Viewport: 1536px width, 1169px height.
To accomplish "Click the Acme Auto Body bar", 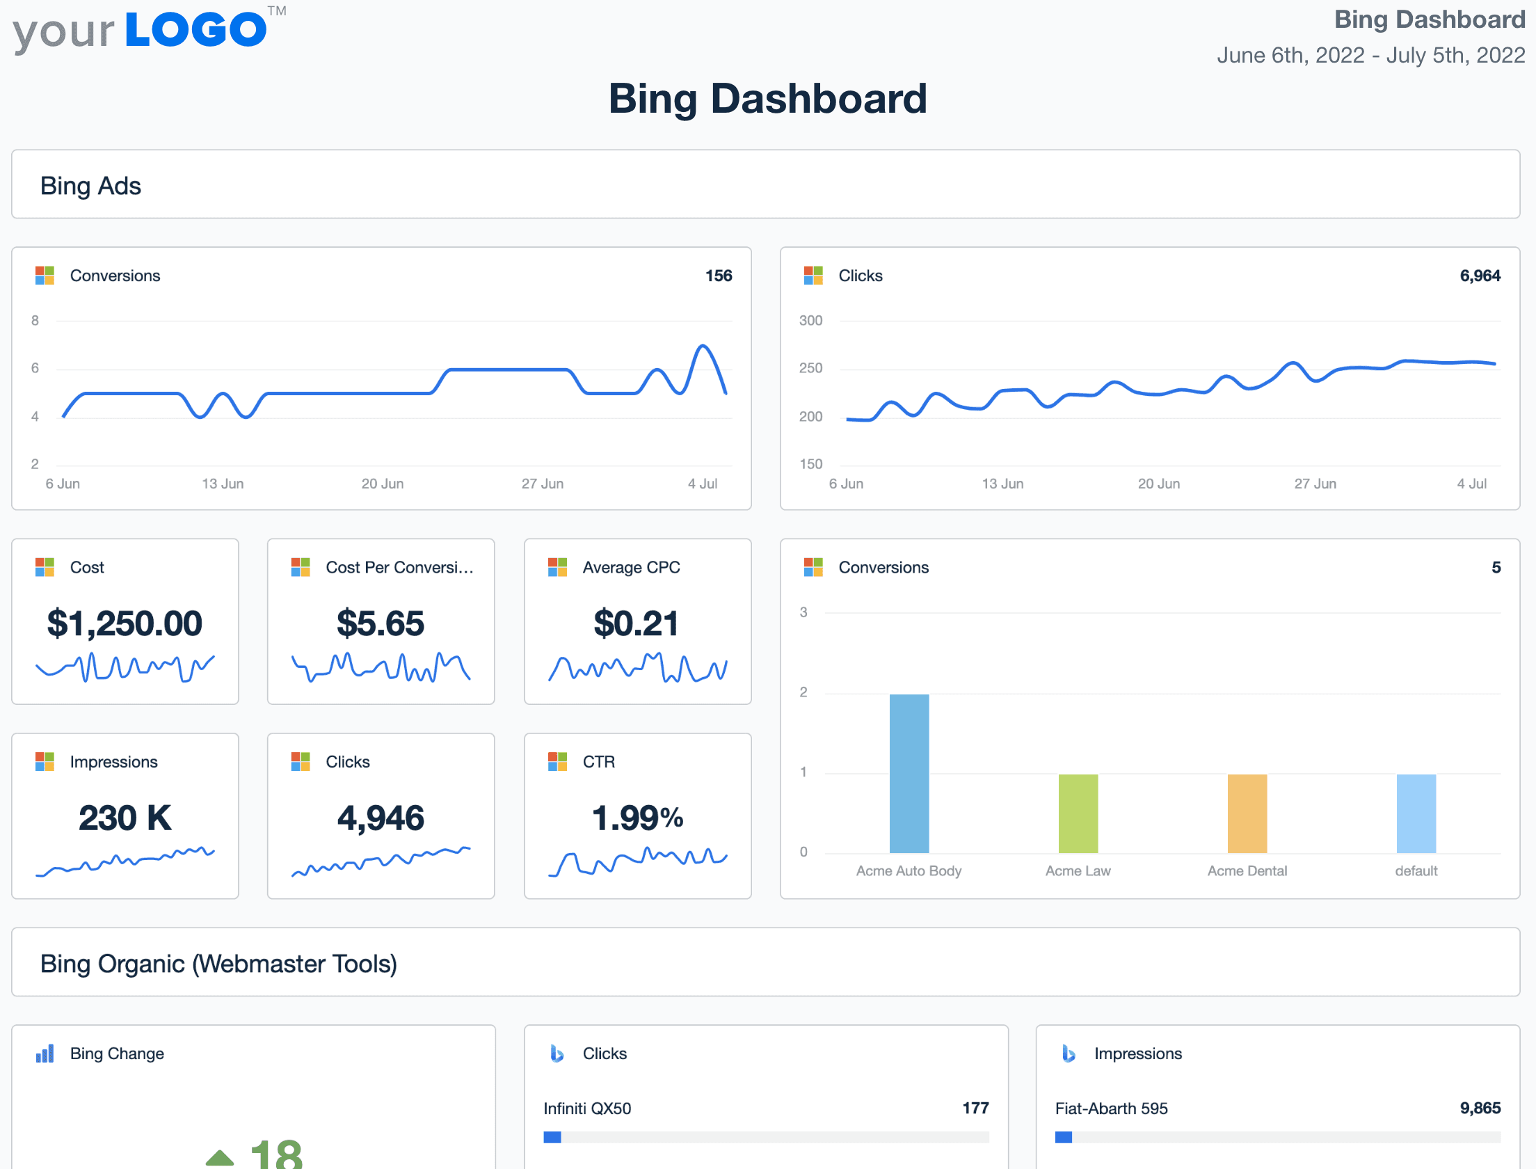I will (x=909, y=773).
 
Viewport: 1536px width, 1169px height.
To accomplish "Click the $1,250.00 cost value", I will (x=125, y=623).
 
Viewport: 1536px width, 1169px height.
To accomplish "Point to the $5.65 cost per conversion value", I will (x=381, y=623).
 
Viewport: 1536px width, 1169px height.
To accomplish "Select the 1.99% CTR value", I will (x=637, y=818).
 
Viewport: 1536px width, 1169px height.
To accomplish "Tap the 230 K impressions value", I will (x=125, y=818).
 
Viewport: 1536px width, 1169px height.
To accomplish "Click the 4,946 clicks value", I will (x=381, y=818).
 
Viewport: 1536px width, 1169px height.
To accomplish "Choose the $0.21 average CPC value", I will (x=636, y=623).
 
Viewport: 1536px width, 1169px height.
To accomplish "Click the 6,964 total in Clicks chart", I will (x=1480, y=276).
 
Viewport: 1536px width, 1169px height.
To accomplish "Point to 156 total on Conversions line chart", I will (x=719, y=276).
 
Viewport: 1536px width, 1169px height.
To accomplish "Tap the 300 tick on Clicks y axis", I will (x=810, y=321).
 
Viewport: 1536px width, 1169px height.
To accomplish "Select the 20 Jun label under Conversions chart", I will (x=382, y=484).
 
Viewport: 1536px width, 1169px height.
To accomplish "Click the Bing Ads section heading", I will (x=90, y=186).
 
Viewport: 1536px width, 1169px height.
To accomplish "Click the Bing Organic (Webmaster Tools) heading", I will (x=218, y=964).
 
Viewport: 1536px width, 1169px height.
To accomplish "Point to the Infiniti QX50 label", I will (x=587, y=1108).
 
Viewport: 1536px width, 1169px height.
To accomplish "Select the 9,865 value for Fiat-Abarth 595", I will (x=1480, y=1108).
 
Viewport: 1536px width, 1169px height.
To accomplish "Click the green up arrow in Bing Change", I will (x=220, y=1157).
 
